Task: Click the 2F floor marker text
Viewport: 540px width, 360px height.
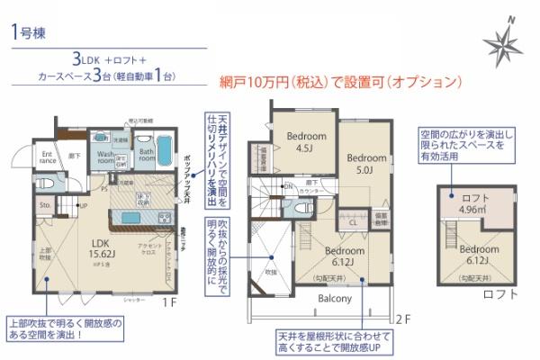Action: tap(402, 318)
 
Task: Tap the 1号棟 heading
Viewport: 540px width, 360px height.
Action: tap(32, 32)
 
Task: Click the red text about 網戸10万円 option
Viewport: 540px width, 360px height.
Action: tap(341, 80)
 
